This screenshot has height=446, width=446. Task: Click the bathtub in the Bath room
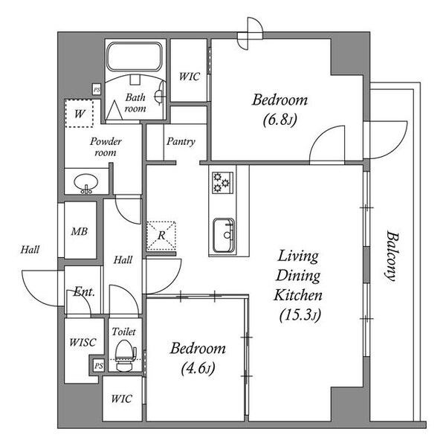[x=135, y=56]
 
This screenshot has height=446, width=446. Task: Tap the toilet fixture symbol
[x=126, y=355]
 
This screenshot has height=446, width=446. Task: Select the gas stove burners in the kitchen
[x=222, y=183]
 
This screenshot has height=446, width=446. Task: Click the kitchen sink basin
[x=224, y=236]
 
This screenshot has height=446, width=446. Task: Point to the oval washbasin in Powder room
[x=86, y=182]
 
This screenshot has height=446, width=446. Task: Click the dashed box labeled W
[x=79, y=113]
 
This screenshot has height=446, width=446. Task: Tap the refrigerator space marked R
[x=161, y=236]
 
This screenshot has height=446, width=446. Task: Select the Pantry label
[x=181, y=141]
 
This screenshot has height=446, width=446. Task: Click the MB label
[x=80, y=231]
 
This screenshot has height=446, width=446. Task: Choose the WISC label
[x=83, y=342]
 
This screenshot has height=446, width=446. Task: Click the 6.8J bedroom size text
[x=279, y=120]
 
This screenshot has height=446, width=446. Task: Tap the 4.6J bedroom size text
[x=198, y=369]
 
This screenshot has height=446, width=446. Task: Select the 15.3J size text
[x=300, y=315]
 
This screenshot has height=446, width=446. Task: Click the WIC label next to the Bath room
[x=190, y=77]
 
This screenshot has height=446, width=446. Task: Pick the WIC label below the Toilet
[x=121, y=398]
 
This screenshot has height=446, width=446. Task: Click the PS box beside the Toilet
[x=99, y=366]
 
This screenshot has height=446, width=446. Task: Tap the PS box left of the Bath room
[x=97, y=90]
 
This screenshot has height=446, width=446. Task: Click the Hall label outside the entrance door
[x=30, y=250]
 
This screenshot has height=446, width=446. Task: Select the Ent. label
[x=84, y=291]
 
